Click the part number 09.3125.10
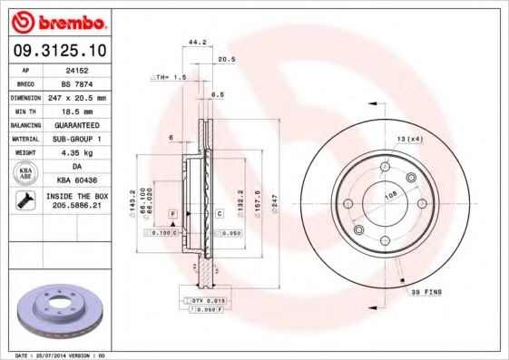(x=57, y=50)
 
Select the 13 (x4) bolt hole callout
(x=409, y=138)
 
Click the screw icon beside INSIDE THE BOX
(x=24, y=201)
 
